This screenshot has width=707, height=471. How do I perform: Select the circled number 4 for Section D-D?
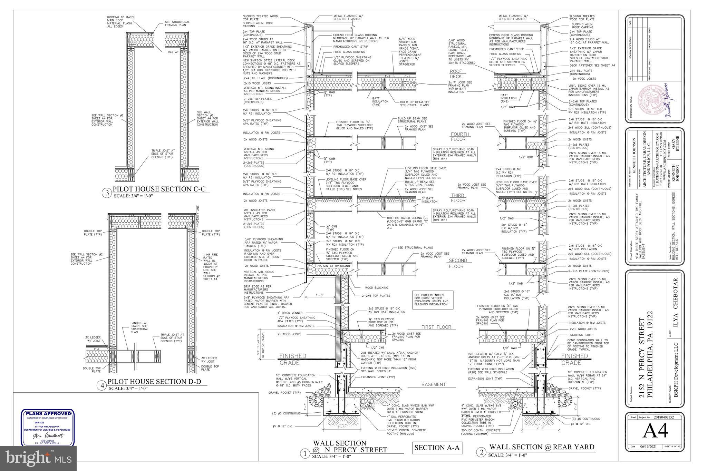click(101, 385)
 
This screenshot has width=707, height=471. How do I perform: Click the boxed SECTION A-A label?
click(437, 448)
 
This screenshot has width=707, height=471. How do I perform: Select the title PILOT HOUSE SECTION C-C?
click(159, 189)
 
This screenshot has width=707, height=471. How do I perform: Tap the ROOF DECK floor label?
click(455, 74)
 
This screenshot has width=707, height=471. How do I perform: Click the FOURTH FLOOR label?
click(459, 137)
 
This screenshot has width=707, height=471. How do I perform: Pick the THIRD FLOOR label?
click(458, 198)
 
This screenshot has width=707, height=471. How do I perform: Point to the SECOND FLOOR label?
click(458, 263)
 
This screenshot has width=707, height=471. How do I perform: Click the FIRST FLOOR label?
click(436, 327)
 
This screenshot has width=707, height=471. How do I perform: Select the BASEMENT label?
click(433, 384)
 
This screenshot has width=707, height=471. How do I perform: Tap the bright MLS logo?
click(38, 458)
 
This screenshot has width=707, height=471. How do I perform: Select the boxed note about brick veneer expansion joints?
click(433, 300)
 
